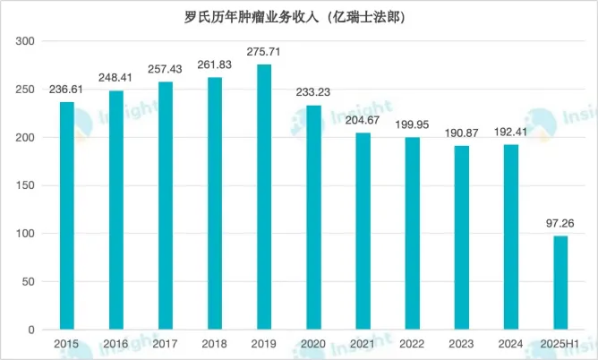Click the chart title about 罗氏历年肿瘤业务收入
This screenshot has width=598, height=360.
(x=299, y=16)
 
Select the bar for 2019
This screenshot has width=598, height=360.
(x=264, y=197)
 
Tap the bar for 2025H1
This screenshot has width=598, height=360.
(x=560, y=282)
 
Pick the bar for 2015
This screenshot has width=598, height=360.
(x=67, y=215)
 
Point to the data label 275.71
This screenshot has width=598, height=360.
(x=264, y=53)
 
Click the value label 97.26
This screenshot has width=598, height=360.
(x=560, y=225)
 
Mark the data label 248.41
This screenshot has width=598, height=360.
(x=116, y=79)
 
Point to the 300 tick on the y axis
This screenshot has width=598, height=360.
(x=26, y=41)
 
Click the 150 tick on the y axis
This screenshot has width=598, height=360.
(x=26, y=185)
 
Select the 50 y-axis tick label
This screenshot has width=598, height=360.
(x=29, y=281)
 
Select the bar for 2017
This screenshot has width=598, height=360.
(x=166, y=205)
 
